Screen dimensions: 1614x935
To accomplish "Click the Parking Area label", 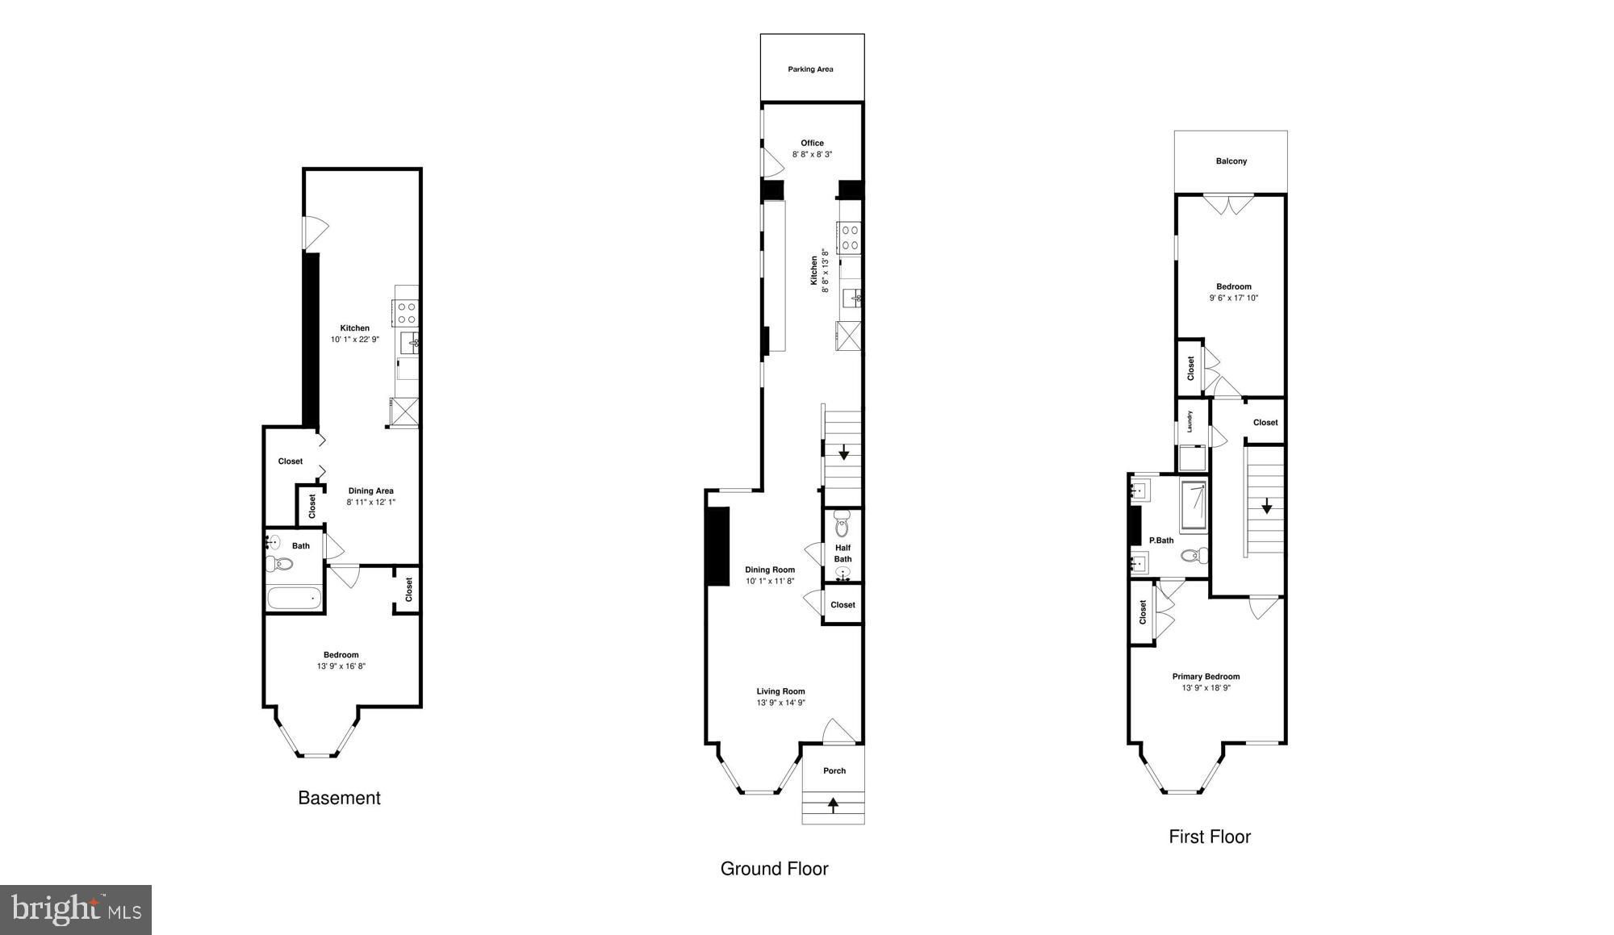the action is pyautogui.click(x=810, y=69).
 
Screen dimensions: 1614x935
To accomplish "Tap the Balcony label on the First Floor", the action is pyautogui.click(x=1231, y=161).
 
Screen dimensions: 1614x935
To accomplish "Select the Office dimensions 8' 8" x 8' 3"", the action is pyautogui.click(x=812, y=154).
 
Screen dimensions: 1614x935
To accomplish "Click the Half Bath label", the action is pyautogui.click(x=843, y=553).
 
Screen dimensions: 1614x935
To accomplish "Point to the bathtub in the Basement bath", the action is pyautogui.click(x=295, y=599).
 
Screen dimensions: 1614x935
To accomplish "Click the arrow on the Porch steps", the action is pyautogui.click(x=833, y=804).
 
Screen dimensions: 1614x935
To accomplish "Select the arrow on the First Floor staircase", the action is pyautogui.click(x=1267, y=505).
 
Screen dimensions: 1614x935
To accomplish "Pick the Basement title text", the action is pyautogui.click(x=339, y=798).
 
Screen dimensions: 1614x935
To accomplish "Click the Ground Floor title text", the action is pyautogui.click(x=774, y=869).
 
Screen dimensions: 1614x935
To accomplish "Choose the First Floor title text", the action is pyautogui.click(x=1210, y=837).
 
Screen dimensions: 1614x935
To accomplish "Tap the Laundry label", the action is pyautogui.click(x=1190, y=421).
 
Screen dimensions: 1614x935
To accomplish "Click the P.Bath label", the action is pyautogui.click(x=1161, y=541).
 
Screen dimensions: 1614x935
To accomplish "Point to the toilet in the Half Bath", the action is pyautogui.click(x=843, y=524).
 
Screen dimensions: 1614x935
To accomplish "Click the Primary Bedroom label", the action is pyautogui.click(x=1206, y=677).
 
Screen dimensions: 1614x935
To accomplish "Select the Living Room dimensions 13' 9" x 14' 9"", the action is pyautogui.click(x=780, y=703).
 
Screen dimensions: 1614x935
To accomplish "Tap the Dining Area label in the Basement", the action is pyautogui.click(x=370, y=490).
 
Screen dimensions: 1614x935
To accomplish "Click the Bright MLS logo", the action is pyautogui.click(x=76, y=910).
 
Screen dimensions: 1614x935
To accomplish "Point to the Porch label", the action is pyautogui.click(x=834, y=771).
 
